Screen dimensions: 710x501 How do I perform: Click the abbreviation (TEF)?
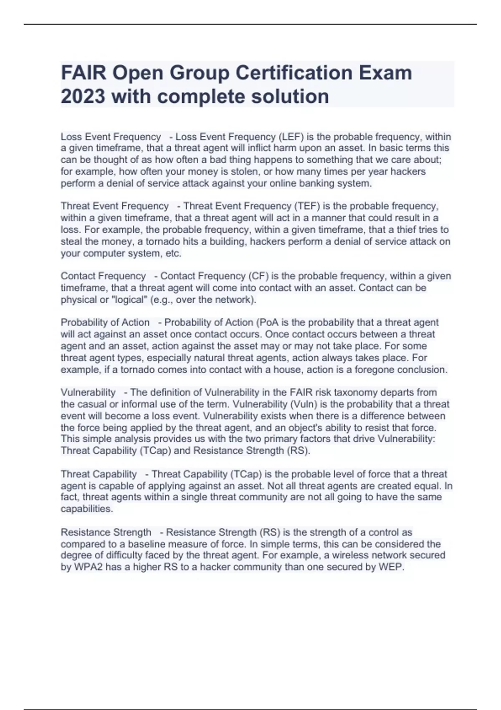click(307, 206)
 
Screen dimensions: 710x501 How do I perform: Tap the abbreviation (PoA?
click(268, 322)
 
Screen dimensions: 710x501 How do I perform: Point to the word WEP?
click(391, 567)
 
